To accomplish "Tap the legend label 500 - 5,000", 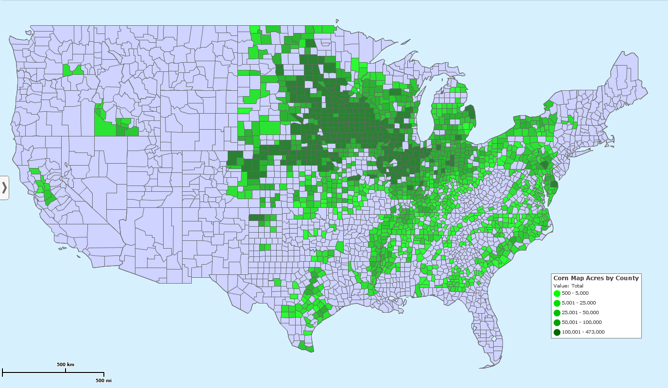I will click(575, 293).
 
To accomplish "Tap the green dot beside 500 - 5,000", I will click(557, 293).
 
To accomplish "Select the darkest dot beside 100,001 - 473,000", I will click(557, 332).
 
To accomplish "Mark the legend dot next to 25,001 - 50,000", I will click(557, 313).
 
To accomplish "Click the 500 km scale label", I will click(66, 365).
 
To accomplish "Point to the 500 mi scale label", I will click(103, 380).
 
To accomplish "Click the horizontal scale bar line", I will click(53, 373).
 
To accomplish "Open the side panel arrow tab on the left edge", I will click(4, 187).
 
